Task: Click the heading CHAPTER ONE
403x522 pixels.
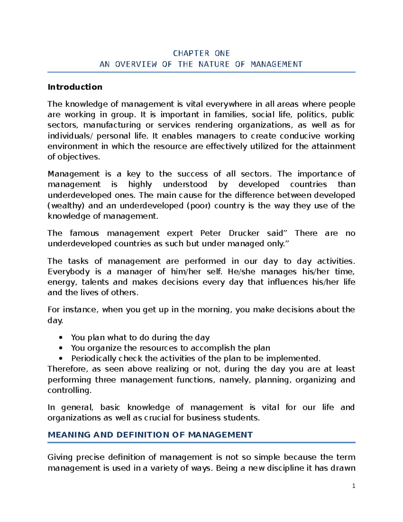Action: [x=201, y=53]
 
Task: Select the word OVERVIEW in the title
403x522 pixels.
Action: [x=136, y=64]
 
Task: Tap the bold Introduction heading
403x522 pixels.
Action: [x=75, y=87]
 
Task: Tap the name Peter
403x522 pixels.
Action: [x=211, y=233]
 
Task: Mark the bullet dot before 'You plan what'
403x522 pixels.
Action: [x=60, y=338]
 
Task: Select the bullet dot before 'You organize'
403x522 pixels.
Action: [x=60, y=348]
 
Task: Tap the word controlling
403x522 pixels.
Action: [x=69, y=390]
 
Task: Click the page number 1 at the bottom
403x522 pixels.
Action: [x=354, y=486]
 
